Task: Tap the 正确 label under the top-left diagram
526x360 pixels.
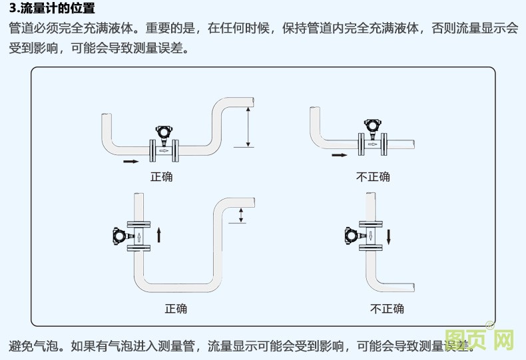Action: coord(161,177)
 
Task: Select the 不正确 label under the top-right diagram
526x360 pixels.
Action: coord(374,177)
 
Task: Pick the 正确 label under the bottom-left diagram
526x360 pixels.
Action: coord(176,309)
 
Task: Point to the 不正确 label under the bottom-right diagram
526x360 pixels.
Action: coord(387,309)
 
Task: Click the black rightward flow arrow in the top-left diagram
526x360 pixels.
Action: coord(132,161)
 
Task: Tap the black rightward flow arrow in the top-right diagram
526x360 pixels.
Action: coord(340,155)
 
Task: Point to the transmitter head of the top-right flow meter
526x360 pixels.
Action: coord(372,124)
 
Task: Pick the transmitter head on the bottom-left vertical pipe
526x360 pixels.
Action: coord(120,236)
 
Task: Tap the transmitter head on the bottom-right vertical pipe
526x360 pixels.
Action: coord(351,235)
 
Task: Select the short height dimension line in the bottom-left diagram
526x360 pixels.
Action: coord(242,215)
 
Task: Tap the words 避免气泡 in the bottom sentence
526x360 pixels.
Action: coord(37,346)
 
